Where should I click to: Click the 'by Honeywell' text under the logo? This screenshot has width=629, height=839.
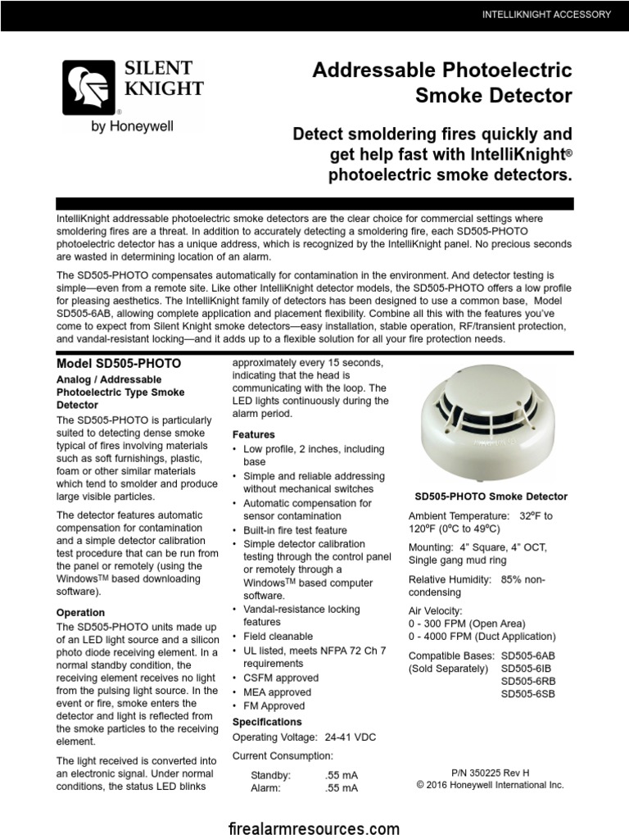(132, 126)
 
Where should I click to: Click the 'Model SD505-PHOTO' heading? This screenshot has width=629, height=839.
(119, 363)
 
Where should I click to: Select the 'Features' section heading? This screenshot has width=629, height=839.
(254, 434)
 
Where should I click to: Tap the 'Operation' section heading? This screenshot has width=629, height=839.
(80, 612)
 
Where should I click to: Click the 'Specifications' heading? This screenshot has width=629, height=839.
(267, 722)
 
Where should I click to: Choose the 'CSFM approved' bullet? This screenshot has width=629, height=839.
(281, 678)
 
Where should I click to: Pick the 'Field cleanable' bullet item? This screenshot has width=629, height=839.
(278, 636)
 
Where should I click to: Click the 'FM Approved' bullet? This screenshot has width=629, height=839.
(274, 705)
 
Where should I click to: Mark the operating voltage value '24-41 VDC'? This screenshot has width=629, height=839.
(351, 737)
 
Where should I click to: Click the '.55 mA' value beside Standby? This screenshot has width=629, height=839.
(342, 774)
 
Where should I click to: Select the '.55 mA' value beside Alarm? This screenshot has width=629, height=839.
(342, 788)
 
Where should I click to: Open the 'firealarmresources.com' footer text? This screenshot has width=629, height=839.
(314, 828)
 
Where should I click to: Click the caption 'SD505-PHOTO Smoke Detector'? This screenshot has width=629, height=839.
(491, 497)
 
